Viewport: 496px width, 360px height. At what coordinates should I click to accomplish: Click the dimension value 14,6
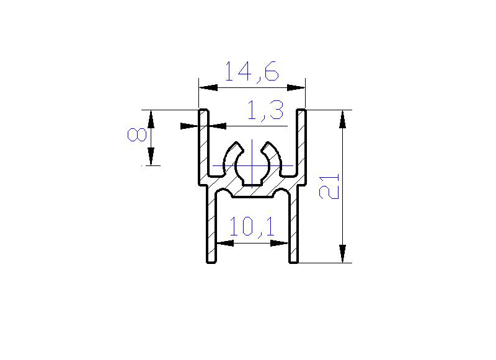click(251, 72)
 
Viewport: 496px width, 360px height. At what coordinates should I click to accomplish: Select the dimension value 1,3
click(265, 112)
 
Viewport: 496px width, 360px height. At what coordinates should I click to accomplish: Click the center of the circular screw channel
click(252, 166)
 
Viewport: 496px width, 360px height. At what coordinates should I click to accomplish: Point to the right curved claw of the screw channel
click(272, 152)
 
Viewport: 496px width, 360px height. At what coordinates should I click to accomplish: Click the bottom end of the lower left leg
click(211, 261)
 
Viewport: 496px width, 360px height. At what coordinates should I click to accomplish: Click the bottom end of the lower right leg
click(293, 261)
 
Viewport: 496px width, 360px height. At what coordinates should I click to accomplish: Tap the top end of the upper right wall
click(301, 112)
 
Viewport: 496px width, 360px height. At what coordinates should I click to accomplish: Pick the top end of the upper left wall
click(203, 112)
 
